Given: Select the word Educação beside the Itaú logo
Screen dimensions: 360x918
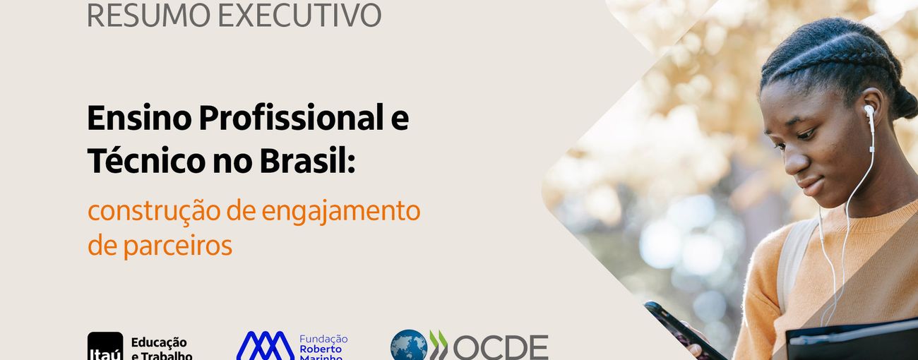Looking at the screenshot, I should [x=159, y=342].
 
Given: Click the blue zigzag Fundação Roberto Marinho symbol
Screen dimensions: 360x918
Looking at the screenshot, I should [x=265, y=346].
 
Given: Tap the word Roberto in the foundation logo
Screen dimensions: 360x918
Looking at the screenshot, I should [x=321, y=349].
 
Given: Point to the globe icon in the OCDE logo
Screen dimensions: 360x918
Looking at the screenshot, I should [x=409, y=347].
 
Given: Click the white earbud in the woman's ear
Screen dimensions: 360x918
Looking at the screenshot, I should [x=869, y=112].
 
